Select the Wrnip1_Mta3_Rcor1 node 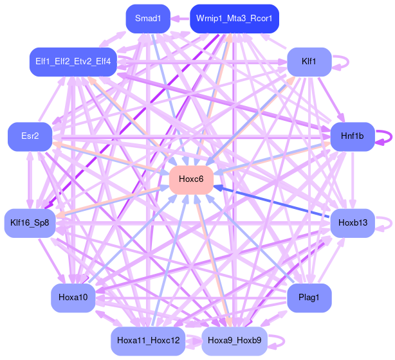click(234, 18)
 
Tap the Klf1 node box click(309, 62)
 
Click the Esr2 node click(30, 136)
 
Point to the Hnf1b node click(352, 136)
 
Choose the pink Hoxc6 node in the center click(191, 179)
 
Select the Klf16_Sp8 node click(30, 223)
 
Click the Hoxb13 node click(352, 223)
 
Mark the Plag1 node click(309, 298)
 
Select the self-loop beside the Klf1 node click(345, 62)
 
